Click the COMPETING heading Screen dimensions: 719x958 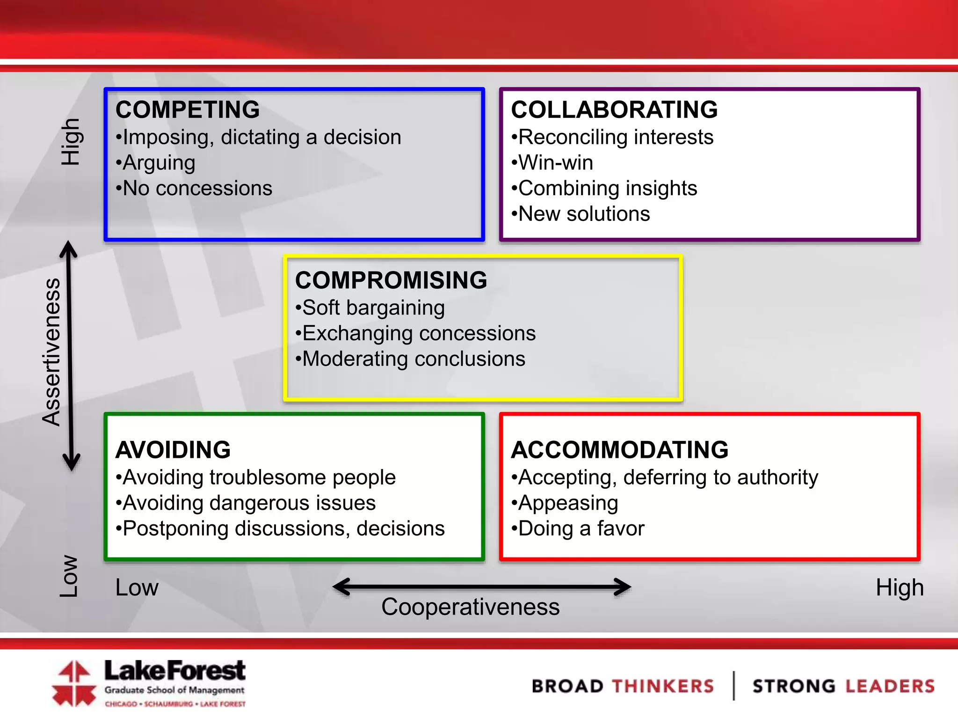tap(188, 110)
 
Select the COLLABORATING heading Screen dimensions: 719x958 tap(614, 110)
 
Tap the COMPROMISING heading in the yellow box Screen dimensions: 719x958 tap(391, 280)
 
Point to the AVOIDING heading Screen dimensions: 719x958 tap(173, 450)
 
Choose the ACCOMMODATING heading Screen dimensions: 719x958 tap(620, 450)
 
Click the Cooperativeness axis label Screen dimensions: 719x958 tap(470, 607)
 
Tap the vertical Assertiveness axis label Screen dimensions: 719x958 tap(51, 352)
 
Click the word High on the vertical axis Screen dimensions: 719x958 tap(71, 142)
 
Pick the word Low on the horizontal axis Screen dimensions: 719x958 tap(137, 587)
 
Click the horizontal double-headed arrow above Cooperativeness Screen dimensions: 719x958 tap(482, 587)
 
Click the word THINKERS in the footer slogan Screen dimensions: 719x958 tap(663, 686)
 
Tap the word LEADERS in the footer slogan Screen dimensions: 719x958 tap(889, 686)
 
